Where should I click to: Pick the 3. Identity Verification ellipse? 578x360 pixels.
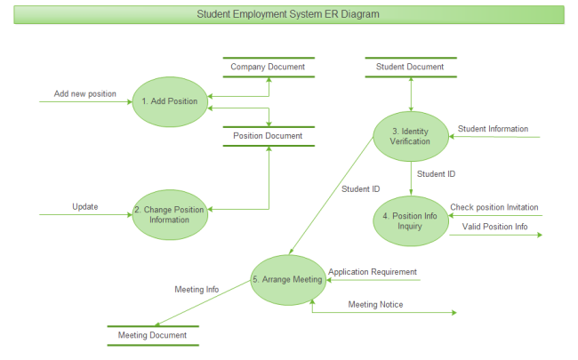coord(410,136)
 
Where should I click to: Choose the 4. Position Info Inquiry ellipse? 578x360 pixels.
coord(410,220)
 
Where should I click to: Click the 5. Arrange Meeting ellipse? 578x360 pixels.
coord(287,279)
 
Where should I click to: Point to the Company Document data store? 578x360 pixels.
coord(268,67)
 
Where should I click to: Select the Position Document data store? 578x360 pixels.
coord(268,136)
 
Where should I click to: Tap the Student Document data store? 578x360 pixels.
coord(410,67)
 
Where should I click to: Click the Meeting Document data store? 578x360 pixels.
coord(153,335)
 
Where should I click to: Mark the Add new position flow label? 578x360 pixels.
coord(85,93)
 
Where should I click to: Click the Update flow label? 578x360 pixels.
coord(85,207)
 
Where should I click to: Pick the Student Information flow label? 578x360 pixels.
coord(493,129)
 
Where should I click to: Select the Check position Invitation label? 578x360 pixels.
coord(494,207)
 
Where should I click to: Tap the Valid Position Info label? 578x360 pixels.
coord(494,227)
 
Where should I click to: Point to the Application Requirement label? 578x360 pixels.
coord(373,271)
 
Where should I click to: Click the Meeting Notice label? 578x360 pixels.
coord(375,305)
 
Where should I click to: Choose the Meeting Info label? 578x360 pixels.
coord(197,289)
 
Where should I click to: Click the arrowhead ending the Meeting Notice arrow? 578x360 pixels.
coord(454,313)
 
